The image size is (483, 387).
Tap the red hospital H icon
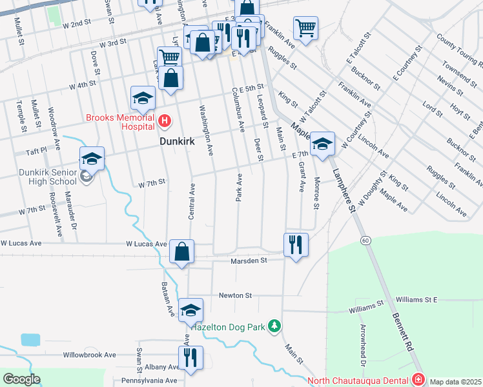(x=165, y=121)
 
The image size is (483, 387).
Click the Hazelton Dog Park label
(x=228, y=327)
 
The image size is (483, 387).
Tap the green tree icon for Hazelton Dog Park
(x=275, y=326)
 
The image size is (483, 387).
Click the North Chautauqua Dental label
(x=359, y=380)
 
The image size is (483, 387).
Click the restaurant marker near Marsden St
(x=296, y=245)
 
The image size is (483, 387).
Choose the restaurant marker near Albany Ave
(x=190, y=358)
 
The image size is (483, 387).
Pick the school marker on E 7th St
(x=322, y=144)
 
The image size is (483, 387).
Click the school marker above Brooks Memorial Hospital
(x=143, y=99)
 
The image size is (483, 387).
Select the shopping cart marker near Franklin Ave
(x=305, y=28)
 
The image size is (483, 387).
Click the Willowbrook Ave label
(x=89, y=355)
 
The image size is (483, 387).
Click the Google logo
(x=21, y=379)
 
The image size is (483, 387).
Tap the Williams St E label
(x=417, y=300)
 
